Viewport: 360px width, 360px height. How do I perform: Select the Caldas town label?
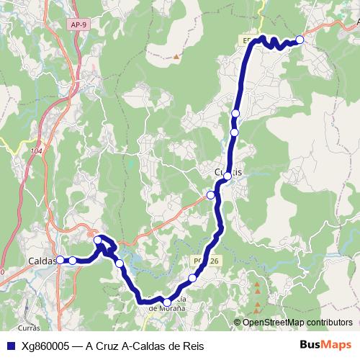click(x=42, y=261)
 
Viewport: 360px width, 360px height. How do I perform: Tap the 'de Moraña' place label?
click(x=166, y=308)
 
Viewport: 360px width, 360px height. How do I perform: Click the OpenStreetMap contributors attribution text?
click(x=297, y=323)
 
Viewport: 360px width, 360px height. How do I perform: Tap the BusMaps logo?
click(x=325, y=346)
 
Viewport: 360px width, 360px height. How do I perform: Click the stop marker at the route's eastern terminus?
click(x=300, y=40)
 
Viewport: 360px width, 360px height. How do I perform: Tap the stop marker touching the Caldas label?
click(x=60, y=260)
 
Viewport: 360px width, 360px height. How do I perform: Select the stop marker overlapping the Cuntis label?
click(x=228, y=176)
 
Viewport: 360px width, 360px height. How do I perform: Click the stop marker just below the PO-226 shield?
click(x=192, y=278)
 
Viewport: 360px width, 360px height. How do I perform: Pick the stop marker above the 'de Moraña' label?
click(x=167, y=302)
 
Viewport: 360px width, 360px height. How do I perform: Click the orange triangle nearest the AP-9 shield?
click(x=175, y=55)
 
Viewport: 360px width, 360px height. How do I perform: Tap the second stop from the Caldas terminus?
click(x=73, y=260)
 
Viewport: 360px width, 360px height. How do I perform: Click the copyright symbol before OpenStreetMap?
click(x=238, y=323)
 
